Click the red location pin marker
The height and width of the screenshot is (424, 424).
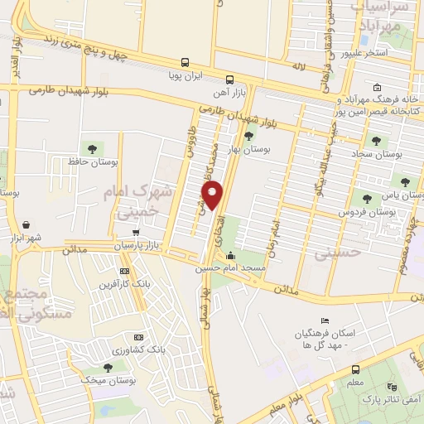214,196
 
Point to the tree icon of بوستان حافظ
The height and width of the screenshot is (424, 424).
89,149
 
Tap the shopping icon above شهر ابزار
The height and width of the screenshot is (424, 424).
26,224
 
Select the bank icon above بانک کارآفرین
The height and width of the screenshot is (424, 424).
124,271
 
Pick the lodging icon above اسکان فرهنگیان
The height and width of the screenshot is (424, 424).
325,320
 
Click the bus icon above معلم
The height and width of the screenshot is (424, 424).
355,369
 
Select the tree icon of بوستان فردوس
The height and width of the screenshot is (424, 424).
364,198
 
